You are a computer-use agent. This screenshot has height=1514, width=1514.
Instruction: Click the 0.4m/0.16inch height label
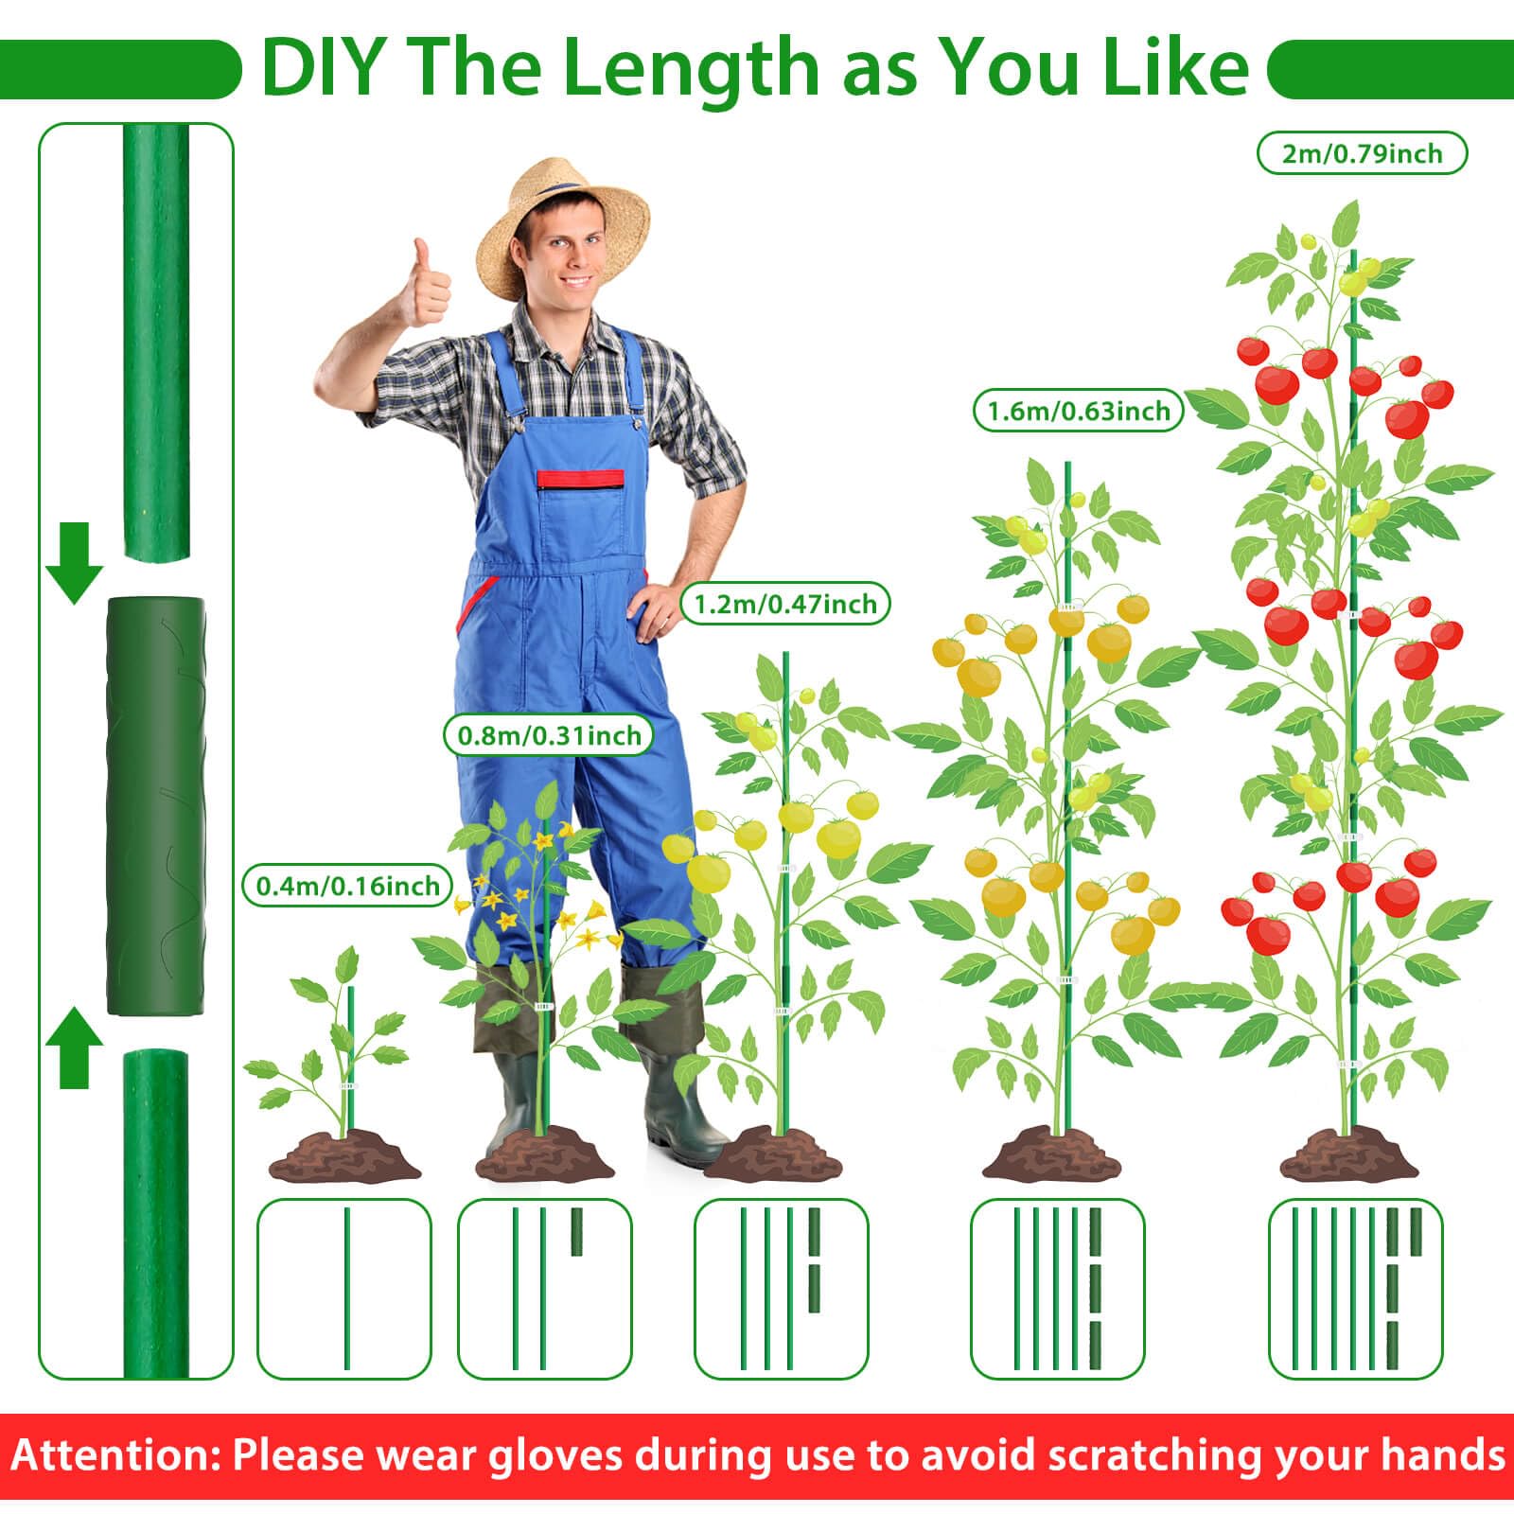click(348, 886)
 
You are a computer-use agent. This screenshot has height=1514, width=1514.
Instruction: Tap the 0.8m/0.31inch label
click(549, 735)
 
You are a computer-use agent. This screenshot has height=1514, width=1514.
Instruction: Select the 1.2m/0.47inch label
click(785, 604)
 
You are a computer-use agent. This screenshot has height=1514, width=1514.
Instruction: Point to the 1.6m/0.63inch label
click(1079, 411)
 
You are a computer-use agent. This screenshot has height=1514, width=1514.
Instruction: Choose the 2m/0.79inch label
click(1362, 153)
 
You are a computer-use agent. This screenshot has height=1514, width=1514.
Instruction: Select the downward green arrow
click(74, 563)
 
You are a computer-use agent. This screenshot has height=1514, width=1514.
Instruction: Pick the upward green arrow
click(74, 1047)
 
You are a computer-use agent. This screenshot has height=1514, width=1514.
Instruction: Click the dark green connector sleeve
click(155, 805)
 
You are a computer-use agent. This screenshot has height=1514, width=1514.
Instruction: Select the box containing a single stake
click(344, 1289)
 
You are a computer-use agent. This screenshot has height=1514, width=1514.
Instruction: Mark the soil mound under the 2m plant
click(1349, 1153)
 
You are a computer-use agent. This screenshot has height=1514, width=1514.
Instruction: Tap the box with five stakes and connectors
click(1355, 1289)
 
